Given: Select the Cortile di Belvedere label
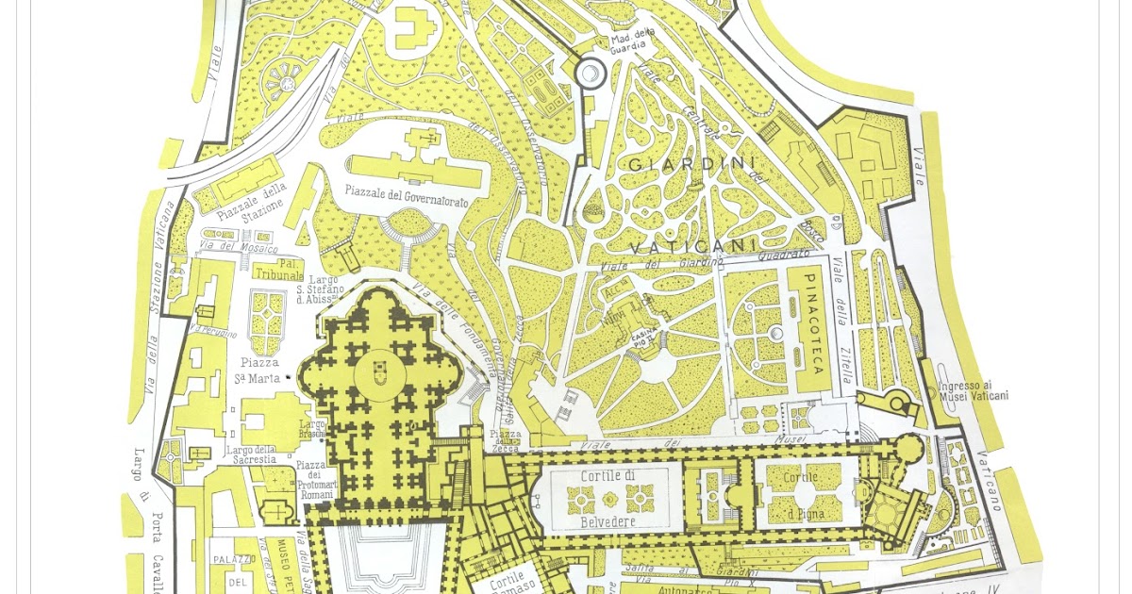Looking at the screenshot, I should point(608,498).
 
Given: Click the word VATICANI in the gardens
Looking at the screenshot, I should point(692,247).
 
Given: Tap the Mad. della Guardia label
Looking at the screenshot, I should point(633,41).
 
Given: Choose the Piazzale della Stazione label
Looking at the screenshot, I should point(251,202).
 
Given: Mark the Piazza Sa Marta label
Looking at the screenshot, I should point(258,371).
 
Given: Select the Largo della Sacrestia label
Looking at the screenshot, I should point(250,454).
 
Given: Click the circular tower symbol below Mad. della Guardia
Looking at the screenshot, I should point(591,72).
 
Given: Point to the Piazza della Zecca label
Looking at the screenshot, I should point(506,439).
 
